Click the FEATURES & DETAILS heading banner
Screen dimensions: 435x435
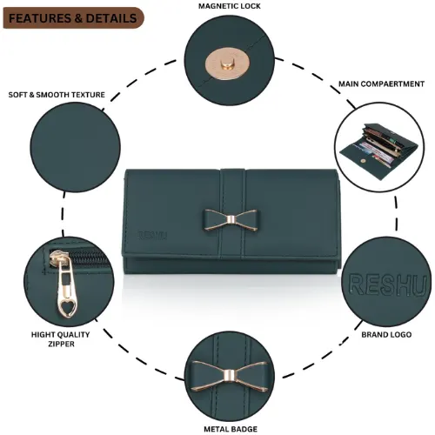tap(73, 18)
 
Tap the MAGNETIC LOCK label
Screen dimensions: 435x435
tap(230, 6)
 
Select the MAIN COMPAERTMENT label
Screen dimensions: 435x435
tap(381, 84)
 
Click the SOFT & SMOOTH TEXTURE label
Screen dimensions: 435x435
tap(57, 95)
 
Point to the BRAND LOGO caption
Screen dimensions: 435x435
tap(386, 335)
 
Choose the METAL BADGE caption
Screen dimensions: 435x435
tap(231, 429)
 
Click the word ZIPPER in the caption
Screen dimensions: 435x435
tap(61, 344)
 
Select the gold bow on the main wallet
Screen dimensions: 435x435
tap(231, 220)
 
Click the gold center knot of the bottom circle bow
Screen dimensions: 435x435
tap(229, 376)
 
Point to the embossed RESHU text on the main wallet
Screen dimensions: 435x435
tap(152, 235)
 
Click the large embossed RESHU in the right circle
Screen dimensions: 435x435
tap(387, 284)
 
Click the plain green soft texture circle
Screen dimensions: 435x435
tap(76, 147)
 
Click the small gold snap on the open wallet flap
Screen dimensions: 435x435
tap(362, 161)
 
